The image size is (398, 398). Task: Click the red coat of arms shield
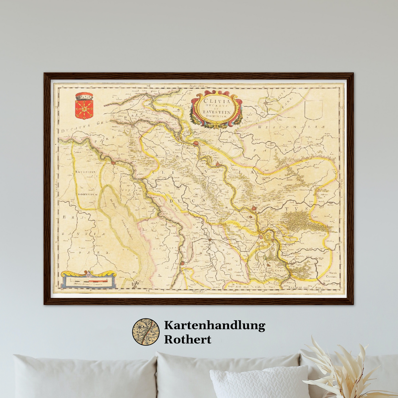tap(84, 109)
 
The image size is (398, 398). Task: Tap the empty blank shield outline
tap(314, 110)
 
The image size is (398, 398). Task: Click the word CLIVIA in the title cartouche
tap(217, 101)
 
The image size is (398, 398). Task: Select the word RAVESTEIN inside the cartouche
tap(217, 112)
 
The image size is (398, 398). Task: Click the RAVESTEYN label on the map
tap(85, 172)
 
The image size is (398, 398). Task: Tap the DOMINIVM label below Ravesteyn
tap(88, 194)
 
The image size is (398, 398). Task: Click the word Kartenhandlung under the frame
tap(214, 325)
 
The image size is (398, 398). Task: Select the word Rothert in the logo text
tap(188, 339)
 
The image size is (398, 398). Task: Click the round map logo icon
tap(146, 332)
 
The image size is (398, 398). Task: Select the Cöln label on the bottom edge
tap(258, 287)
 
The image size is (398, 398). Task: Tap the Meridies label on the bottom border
tap(199, 291)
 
